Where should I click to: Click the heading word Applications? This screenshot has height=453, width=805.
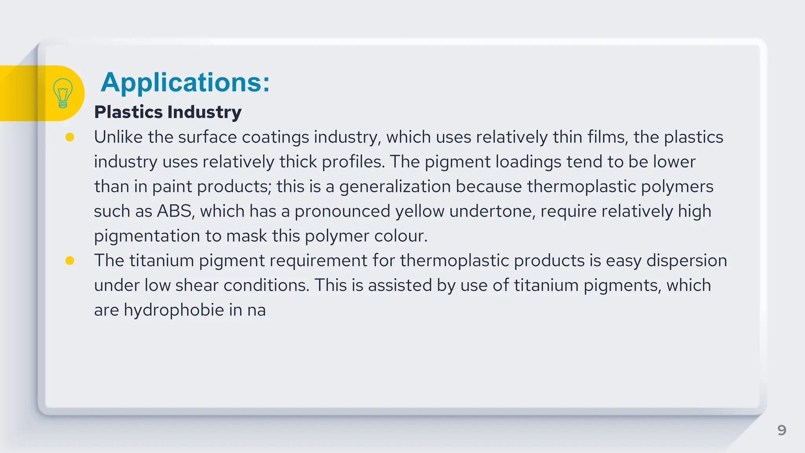[185, 83]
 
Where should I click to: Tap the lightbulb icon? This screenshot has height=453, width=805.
[62, 93]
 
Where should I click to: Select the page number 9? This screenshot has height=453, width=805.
[781, 430]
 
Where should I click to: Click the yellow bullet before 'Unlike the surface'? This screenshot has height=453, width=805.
[70, 137]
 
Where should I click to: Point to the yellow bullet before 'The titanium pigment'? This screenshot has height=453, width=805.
[70, 260]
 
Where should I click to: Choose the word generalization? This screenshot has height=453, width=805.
[395, 187]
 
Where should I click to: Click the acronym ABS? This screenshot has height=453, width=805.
[175, 211]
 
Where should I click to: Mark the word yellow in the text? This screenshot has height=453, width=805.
[419, 211]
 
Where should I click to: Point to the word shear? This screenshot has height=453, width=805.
[197, 285]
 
